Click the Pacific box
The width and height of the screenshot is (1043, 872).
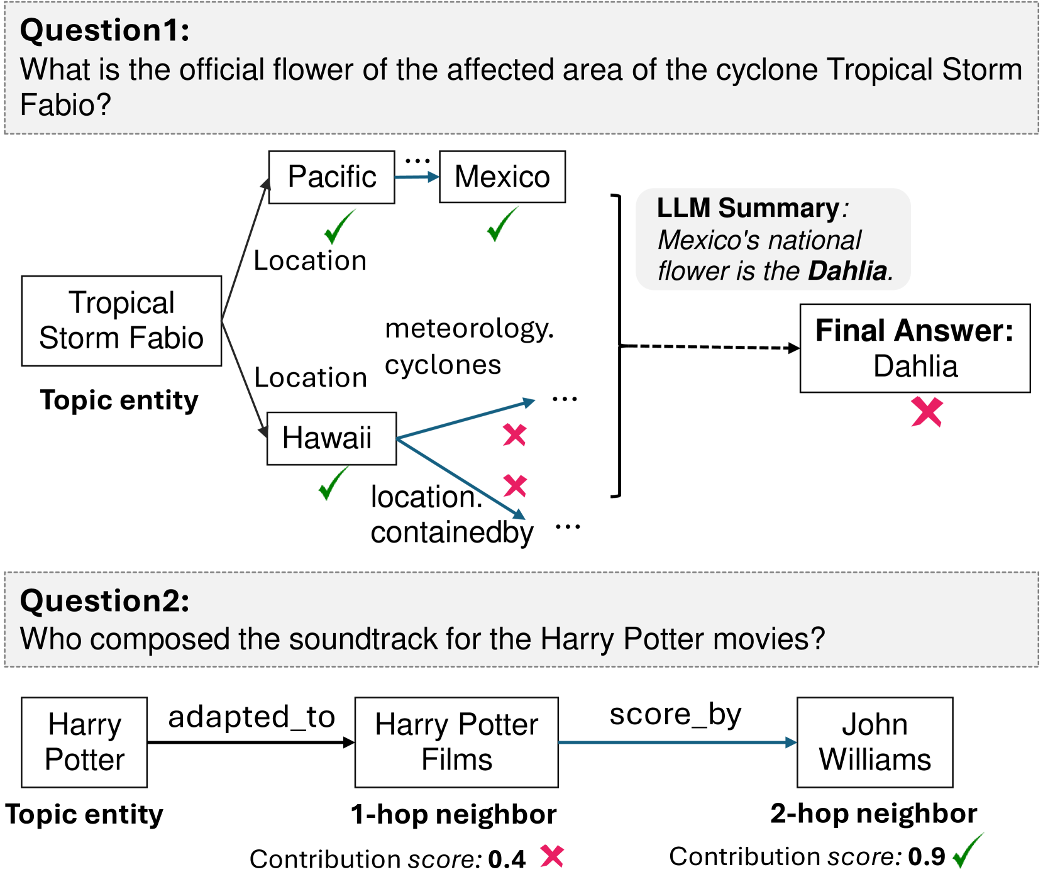tap(331, 177)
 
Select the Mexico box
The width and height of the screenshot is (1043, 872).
tap(502, 177)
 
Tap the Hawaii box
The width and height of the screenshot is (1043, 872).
tap(331, 438)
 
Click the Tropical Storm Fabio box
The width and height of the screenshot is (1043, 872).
tap(121, 321)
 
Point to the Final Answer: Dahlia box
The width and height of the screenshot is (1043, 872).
tap(914, 348)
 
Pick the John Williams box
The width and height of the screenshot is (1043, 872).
tap(875, 742)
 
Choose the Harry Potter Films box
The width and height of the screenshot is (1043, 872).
tap(456, 742)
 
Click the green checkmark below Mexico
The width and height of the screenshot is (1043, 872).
tap(502, 224)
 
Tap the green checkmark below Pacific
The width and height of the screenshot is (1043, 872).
tap(339, 227)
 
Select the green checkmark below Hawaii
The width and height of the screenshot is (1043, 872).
tap(333, 483)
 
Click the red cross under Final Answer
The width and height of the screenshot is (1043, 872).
tap(927, 412)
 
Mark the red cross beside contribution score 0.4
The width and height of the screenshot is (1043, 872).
tap(552, 856)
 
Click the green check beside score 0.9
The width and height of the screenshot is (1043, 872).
tap(968, 851)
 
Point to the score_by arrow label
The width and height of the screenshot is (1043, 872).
tap(675, 715)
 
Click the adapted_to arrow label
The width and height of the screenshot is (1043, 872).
tap(251, 717)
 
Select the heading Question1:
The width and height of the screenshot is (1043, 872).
tap(105, 30)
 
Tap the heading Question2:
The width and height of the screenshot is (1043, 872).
tap(105, 600)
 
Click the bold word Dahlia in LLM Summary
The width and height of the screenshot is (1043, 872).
tap(848, 271)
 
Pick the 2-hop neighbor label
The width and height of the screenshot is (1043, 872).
tap(873, 814)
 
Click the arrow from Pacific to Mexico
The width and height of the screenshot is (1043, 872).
tap(416, 177)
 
